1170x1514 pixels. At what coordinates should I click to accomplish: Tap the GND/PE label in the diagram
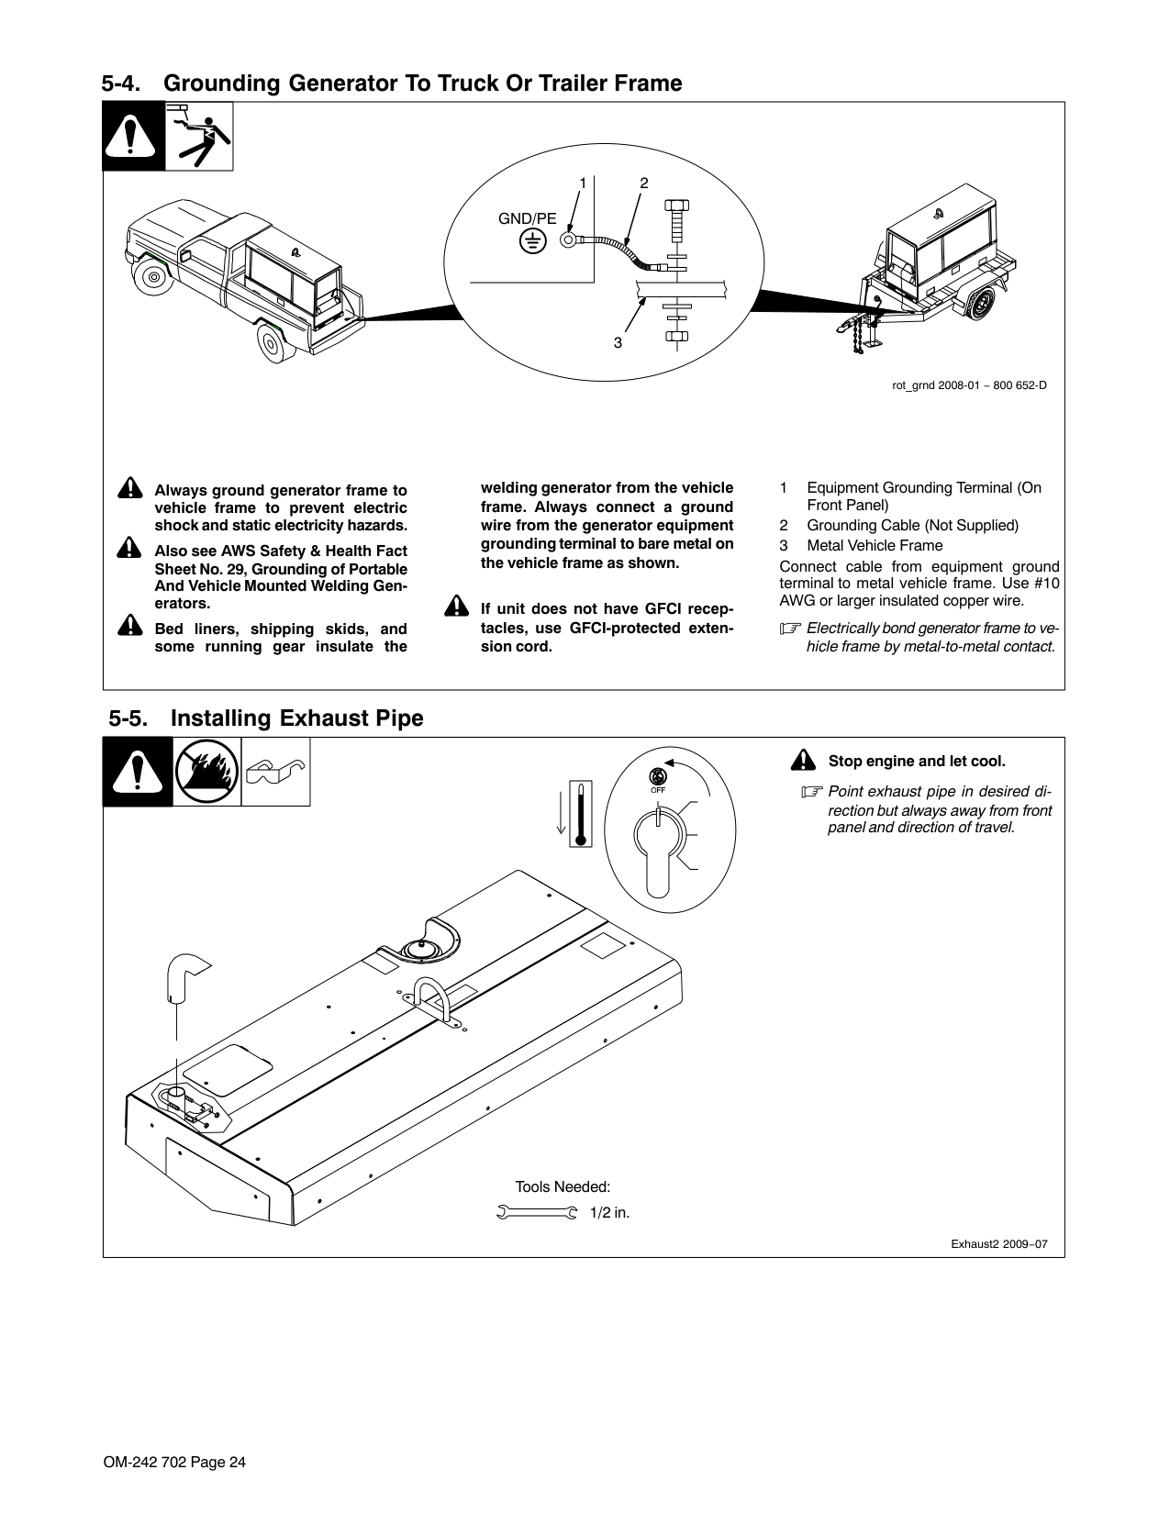pyautogui.click(x=527, y=218)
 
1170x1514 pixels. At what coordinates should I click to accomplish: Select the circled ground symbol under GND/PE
pyautogui.click(x=531, y=241)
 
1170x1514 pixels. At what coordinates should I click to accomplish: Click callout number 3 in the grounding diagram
pyautogui.click(x=618, y=342)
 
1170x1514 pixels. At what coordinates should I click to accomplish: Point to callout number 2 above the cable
pyautogui.click(x=644, y=183)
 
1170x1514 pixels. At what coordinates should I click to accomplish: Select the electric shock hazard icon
pyautogui.click(x=199, y=137)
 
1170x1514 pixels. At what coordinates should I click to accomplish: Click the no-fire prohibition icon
pyautogui.click(x=206, y=772)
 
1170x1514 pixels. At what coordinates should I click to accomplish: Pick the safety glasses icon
pyautogui.click(x=275, y=772)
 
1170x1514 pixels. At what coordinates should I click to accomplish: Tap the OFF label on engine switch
pyautogui.click(x=658, y=789)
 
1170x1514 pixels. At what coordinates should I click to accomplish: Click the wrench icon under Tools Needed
pyautogui.click(x=537, y=1213)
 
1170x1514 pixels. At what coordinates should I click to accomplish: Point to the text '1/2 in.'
pyautogui.click(x=609, y=1213)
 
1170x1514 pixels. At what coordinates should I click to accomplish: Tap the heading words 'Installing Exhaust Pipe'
pyautogui.click(x=297, y=718)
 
